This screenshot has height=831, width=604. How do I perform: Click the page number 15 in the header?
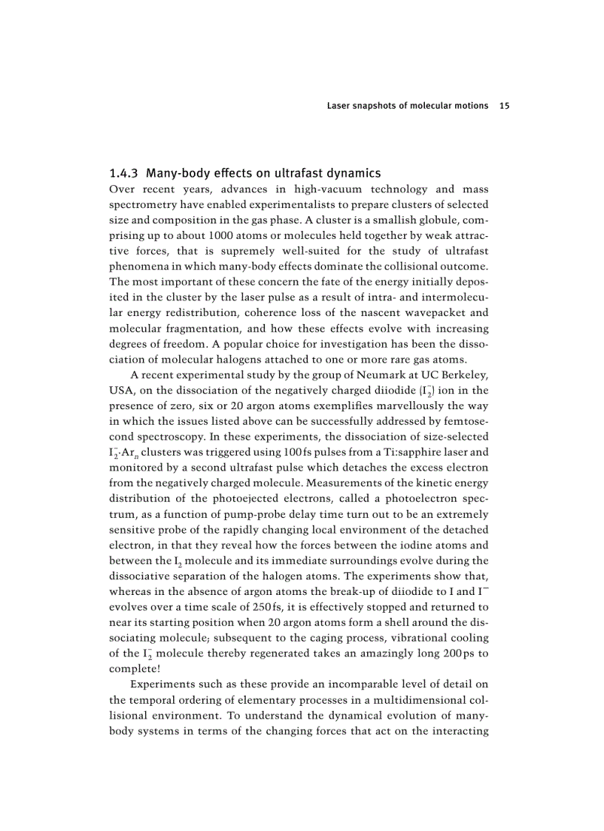click(504, 106)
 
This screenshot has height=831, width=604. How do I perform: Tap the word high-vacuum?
click(325, 189)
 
